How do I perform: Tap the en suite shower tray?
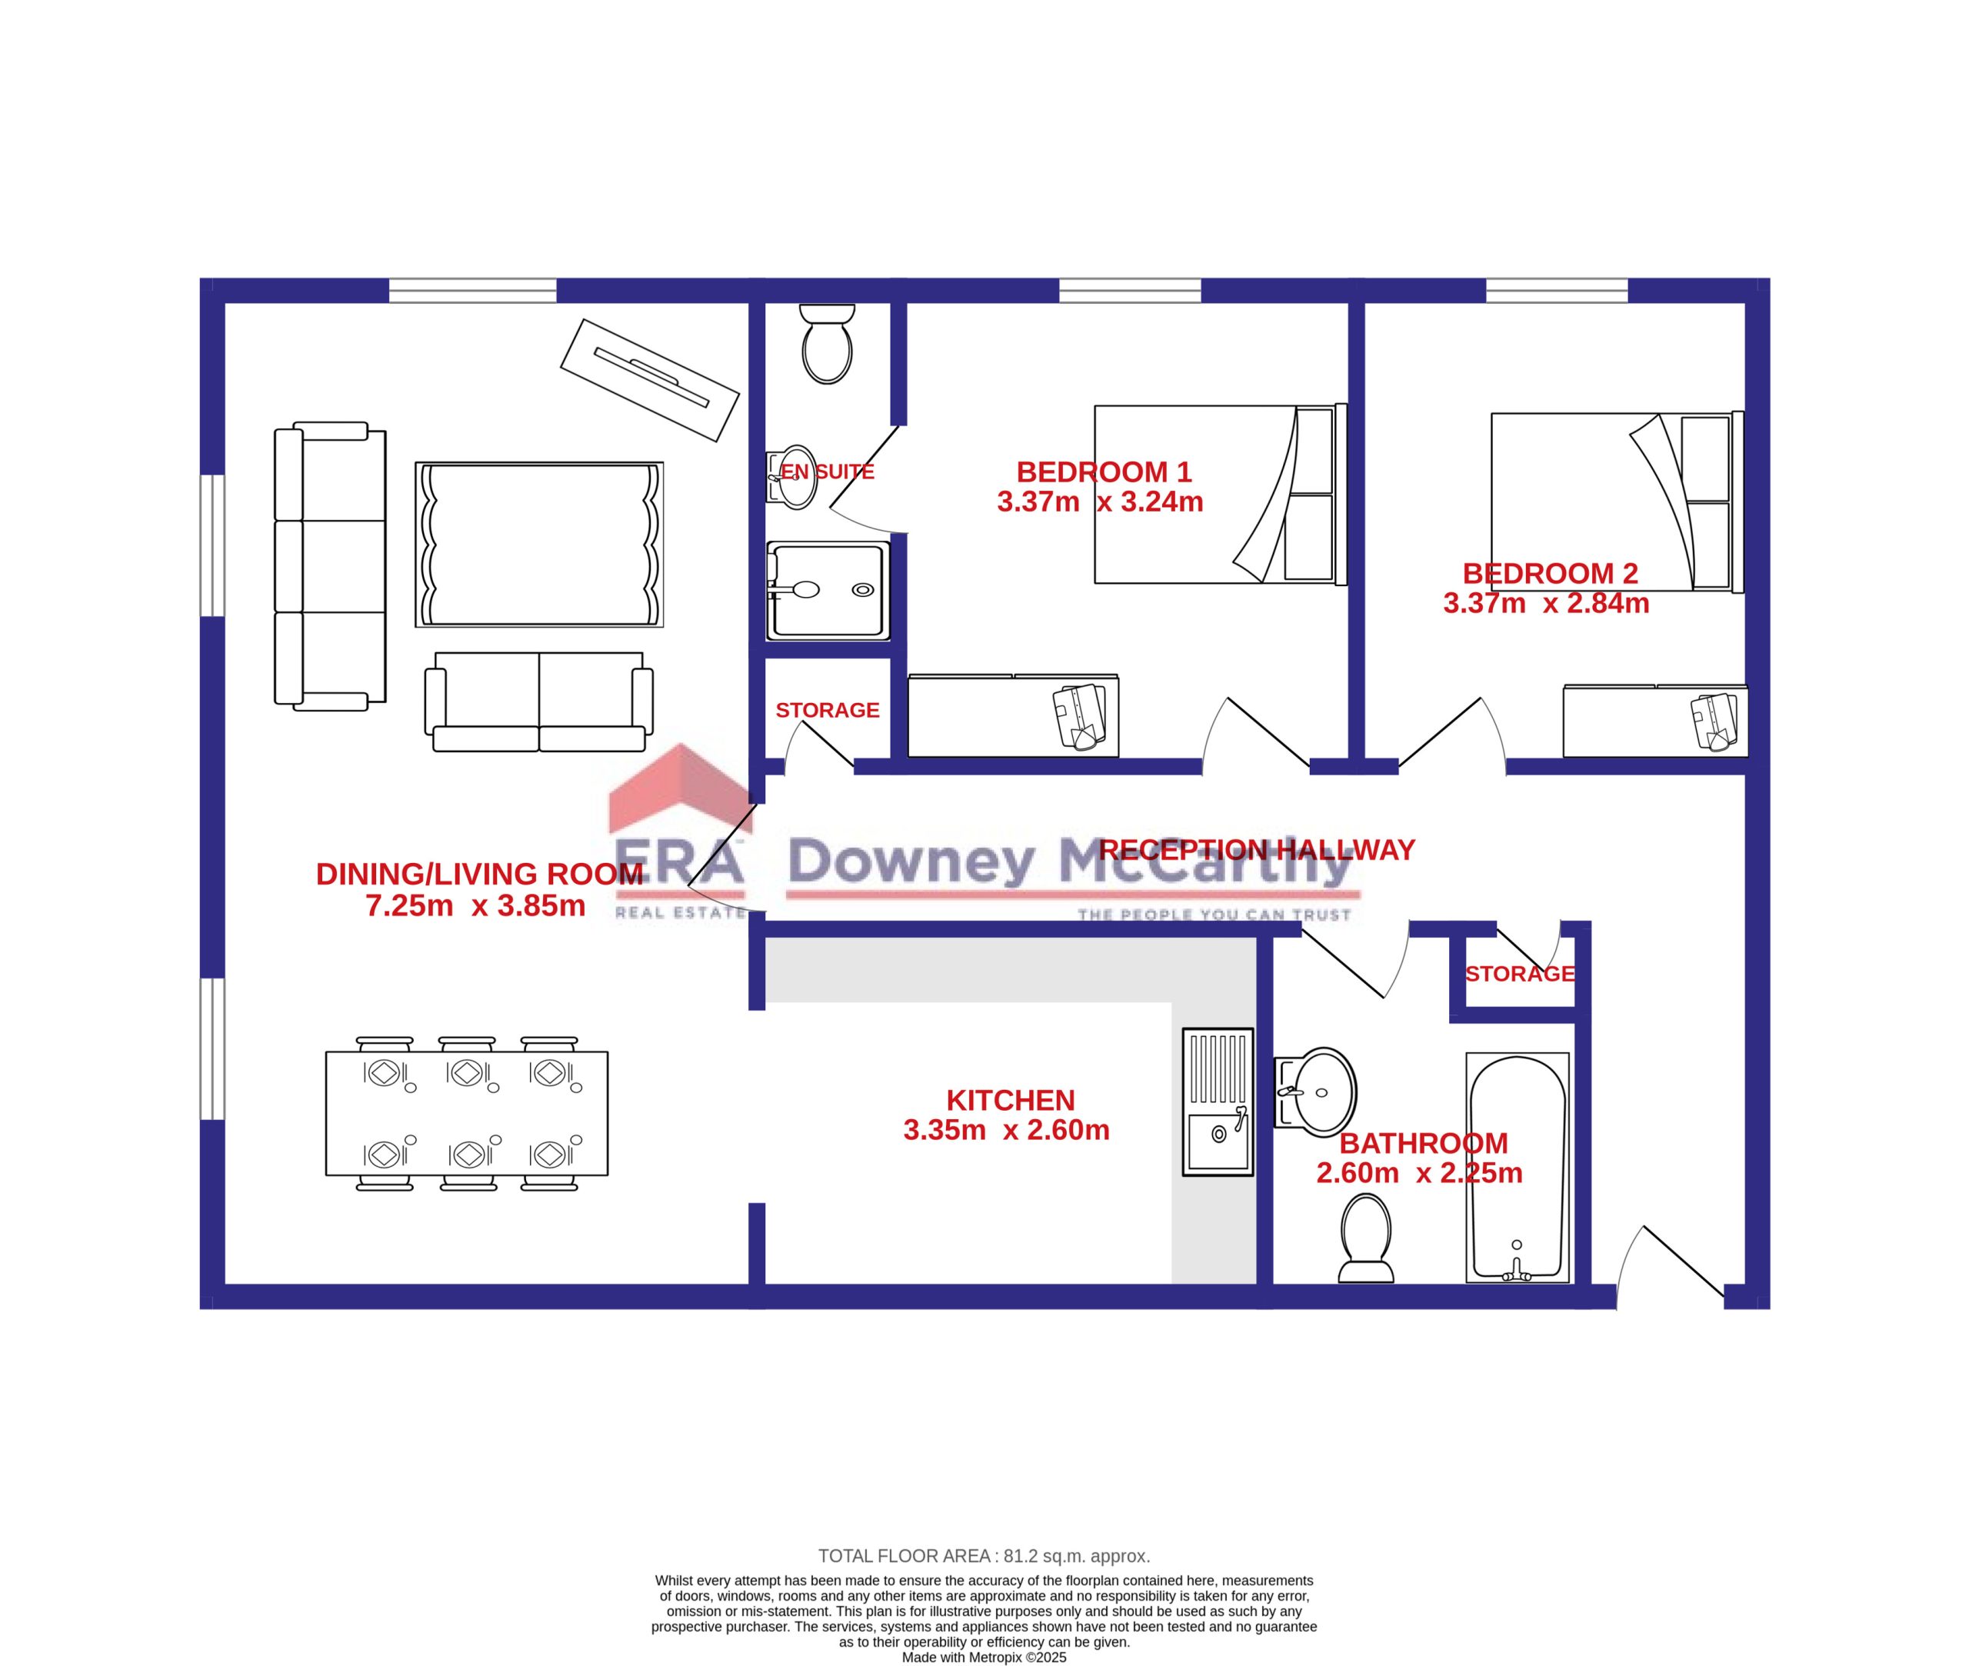pos(828,588)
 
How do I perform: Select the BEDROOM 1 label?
pos(1103,471)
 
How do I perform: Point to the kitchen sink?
pos(1218,1101)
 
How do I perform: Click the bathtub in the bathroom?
pos(1517,1168)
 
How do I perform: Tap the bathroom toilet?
pos(1365,1238)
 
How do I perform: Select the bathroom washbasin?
pos(1315,1091)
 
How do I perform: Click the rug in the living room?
pos(539,544)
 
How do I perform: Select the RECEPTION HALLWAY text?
pos(1256,850)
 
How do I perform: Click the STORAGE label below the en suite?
pos(828,710)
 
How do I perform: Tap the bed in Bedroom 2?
pos(1617,501)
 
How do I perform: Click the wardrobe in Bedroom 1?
pos(1013,716)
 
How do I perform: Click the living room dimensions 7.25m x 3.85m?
pos(475,906)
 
